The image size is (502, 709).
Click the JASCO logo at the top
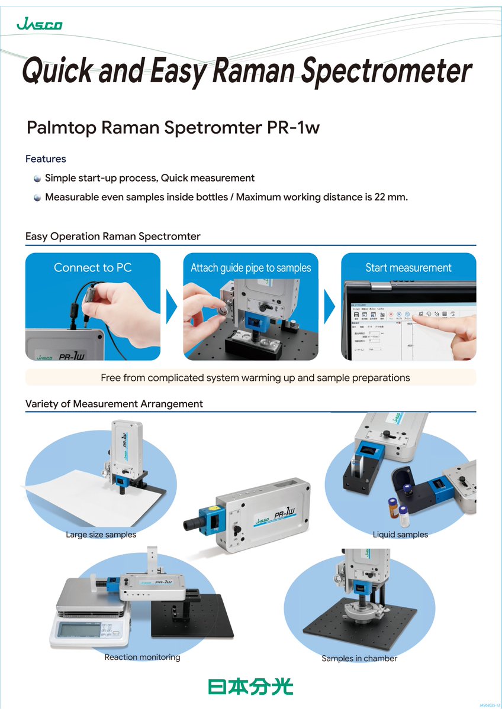click(40, 24)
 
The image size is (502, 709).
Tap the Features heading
click(46, 159)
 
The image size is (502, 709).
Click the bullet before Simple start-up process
click(37, 179)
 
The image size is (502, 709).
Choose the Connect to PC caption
click(92, 268)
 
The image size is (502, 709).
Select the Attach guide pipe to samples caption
click(250, 268)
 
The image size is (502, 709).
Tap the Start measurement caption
click(408, 268)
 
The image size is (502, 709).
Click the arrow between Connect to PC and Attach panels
click(172, 307)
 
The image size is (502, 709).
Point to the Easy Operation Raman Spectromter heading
click(112, 237)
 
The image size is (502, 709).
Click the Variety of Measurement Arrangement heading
click(114, 404)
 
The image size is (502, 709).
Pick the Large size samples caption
click(101, 535)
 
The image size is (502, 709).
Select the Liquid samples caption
click(400, 535)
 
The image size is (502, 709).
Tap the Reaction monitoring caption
click(142, 657)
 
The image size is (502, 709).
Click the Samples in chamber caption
click(359, 658)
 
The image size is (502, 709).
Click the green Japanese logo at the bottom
click(250, 686)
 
